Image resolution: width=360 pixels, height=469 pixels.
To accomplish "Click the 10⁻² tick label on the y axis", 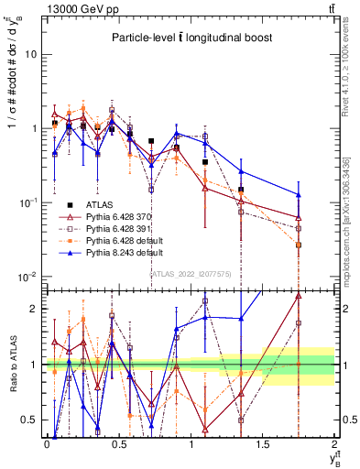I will (27, 277).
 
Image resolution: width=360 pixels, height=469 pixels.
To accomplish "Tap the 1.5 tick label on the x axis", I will (263, 444).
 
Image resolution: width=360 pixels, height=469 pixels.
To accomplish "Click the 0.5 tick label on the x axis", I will (119, 444).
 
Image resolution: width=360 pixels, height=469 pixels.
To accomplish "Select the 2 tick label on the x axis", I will (334, 444).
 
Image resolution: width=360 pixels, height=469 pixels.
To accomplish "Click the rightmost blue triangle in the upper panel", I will (299, 194).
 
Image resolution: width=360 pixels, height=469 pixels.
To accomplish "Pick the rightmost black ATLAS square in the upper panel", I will (299, 245).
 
